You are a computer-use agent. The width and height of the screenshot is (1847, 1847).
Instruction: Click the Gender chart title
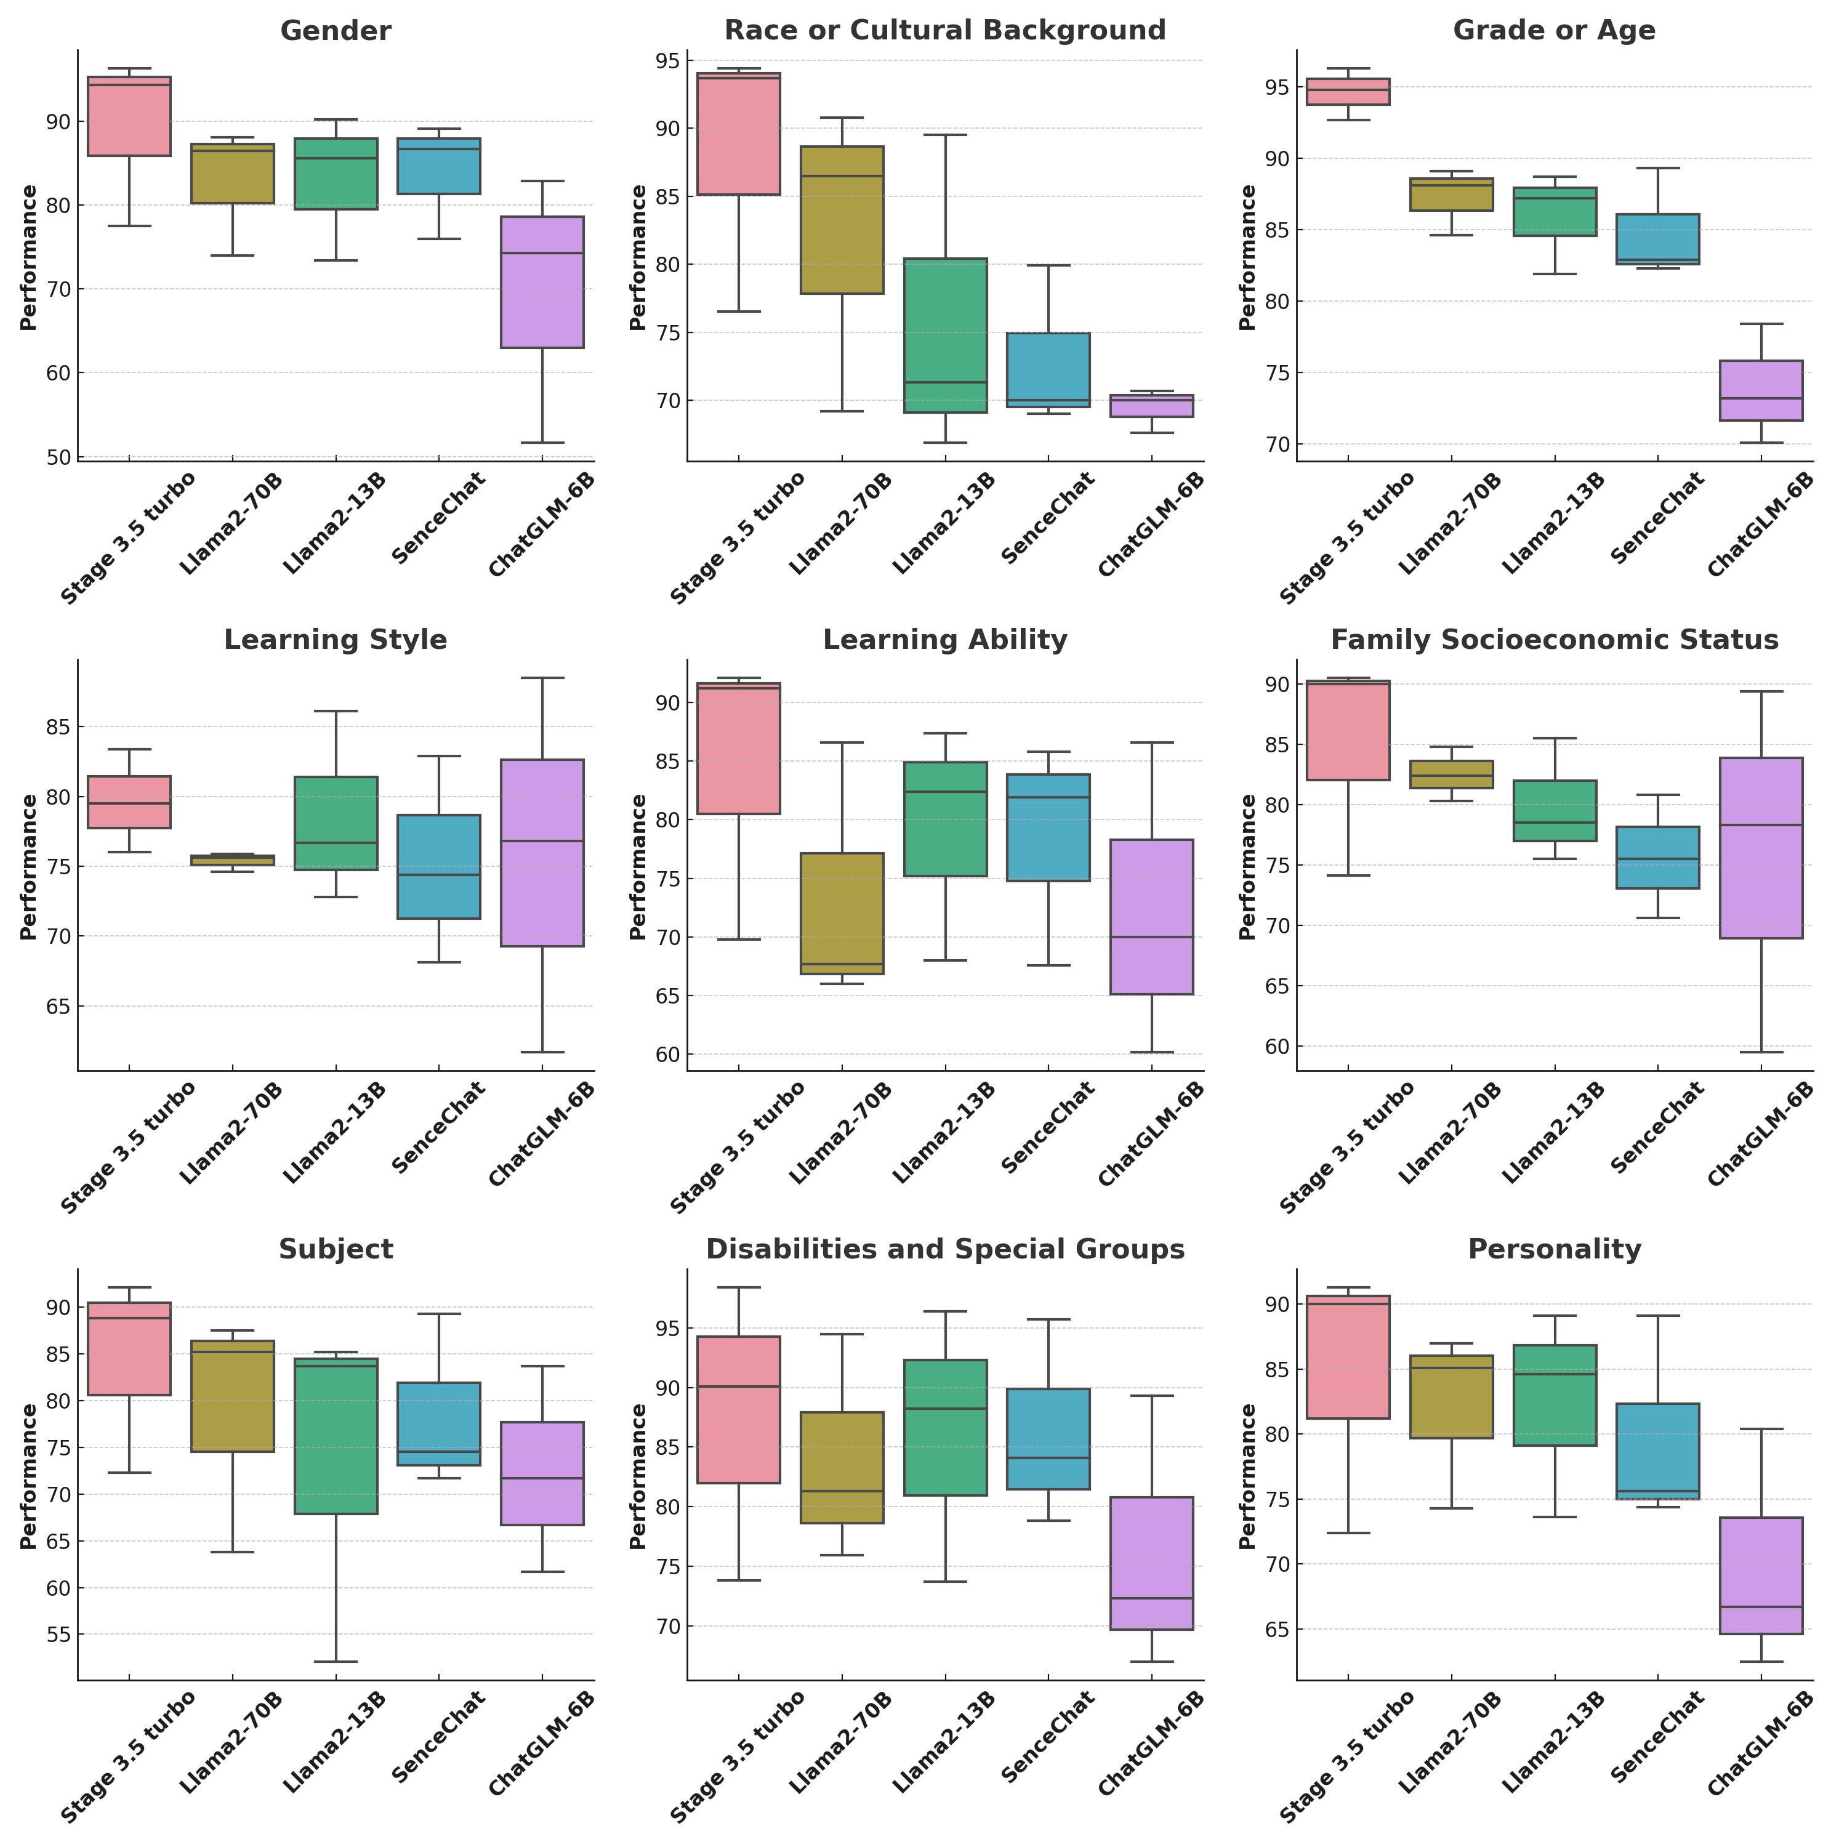pos(336,31)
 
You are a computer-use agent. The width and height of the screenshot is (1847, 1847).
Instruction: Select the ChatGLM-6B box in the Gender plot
pos(542,282)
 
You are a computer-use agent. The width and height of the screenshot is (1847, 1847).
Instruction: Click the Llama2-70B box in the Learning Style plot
pos(232,861)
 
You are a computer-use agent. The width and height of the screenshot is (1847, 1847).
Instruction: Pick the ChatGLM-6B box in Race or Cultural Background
pos(1151,406)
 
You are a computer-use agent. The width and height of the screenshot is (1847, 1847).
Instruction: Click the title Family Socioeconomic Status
pos(1555,640)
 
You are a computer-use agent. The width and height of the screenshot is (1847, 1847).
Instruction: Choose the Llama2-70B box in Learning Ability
pos(842,913)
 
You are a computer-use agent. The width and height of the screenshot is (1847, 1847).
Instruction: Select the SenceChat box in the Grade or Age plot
pos(1658,239)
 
